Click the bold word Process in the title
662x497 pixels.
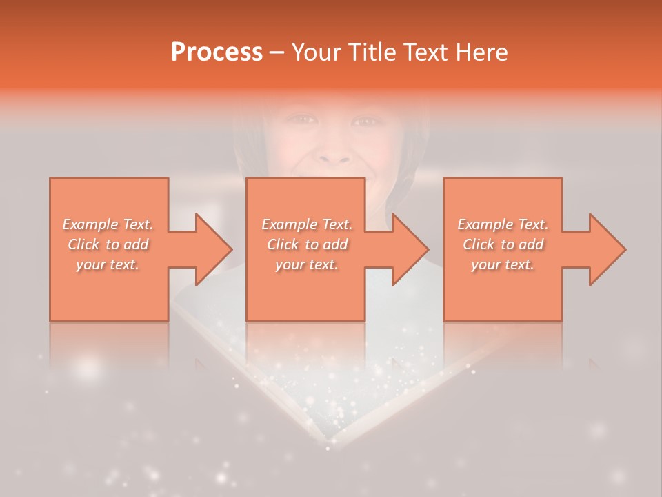coord(217,52)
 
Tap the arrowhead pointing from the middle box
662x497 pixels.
coord(410,249)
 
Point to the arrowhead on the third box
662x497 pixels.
coord(607,249)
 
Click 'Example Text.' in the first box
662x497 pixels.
coord(108,224)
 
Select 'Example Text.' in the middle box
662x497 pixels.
coord(307,224)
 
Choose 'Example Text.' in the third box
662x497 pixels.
coord(503,224)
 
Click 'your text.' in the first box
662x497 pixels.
coord(108,264)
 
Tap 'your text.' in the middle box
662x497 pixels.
coord(306,264)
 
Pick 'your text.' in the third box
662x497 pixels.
coord(502,264)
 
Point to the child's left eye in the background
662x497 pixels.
coord(368,121)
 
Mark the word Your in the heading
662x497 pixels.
coord(317,52)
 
